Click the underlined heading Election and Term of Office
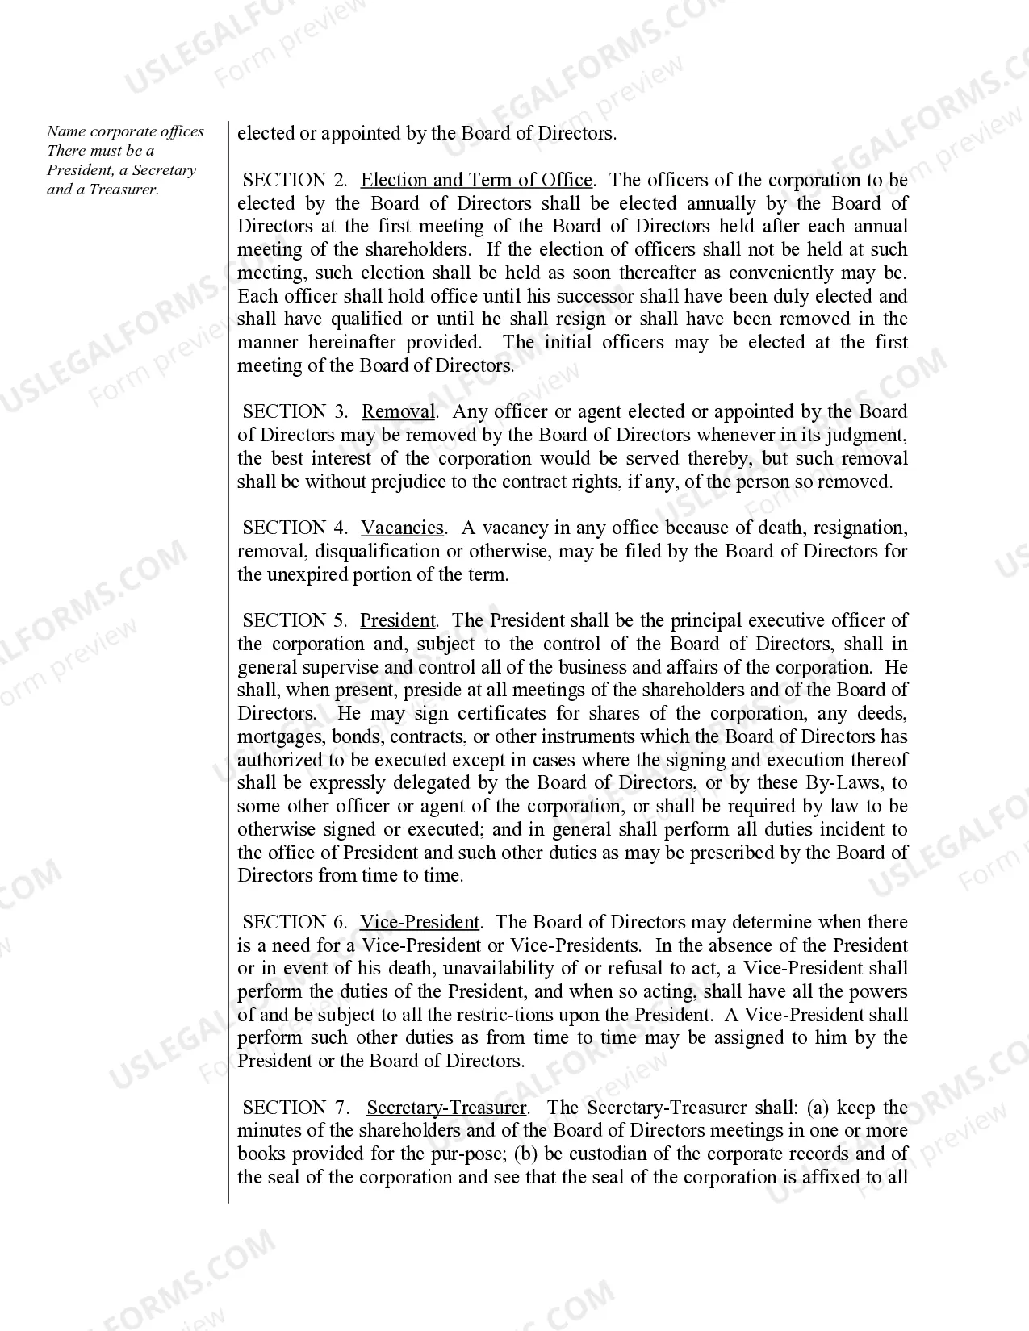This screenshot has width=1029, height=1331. coord(476,180)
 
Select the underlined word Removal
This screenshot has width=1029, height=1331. coord(398,412)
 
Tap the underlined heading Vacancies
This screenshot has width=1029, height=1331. coord(402,528)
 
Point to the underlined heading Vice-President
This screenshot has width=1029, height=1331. coord(419,922)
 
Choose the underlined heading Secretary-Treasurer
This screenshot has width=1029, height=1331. coord(446,1108)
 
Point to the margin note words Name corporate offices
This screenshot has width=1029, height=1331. coord(125,131)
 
